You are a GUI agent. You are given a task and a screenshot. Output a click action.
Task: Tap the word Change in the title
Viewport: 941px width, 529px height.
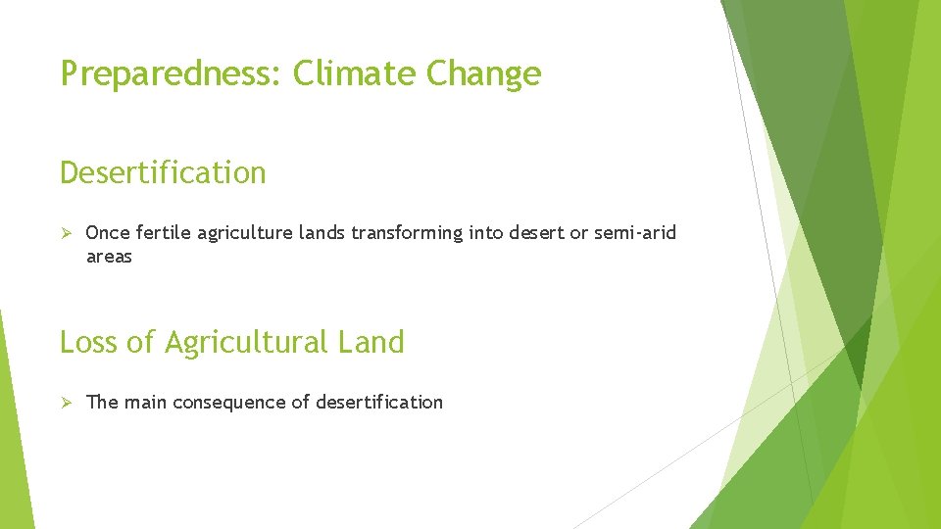point(483,74)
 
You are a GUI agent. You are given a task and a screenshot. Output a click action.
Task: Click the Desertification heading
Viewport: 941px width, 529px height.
point(163,172)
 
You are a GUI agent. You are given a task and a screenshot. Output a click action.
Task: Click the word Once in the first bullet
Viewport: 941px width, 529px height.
point(108,233)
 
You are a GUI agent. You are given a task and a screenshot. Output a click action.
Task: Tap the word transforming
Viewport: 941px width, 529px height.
point(412,233)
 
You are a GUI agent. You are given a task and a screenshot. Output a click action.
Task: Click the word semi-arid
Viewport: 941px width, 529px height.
point(635,233)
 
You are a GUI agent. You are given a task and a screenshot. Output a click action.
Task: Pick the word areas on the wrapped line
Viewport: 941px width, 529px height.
point(109,257)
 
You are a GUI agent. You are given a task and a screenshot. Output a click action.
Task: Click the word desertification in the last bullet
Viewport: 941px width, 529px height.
point(378,402)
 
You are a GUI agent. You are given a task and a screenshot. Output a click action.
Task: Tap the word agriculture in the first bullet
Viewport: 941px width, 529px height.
point(246,234)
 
